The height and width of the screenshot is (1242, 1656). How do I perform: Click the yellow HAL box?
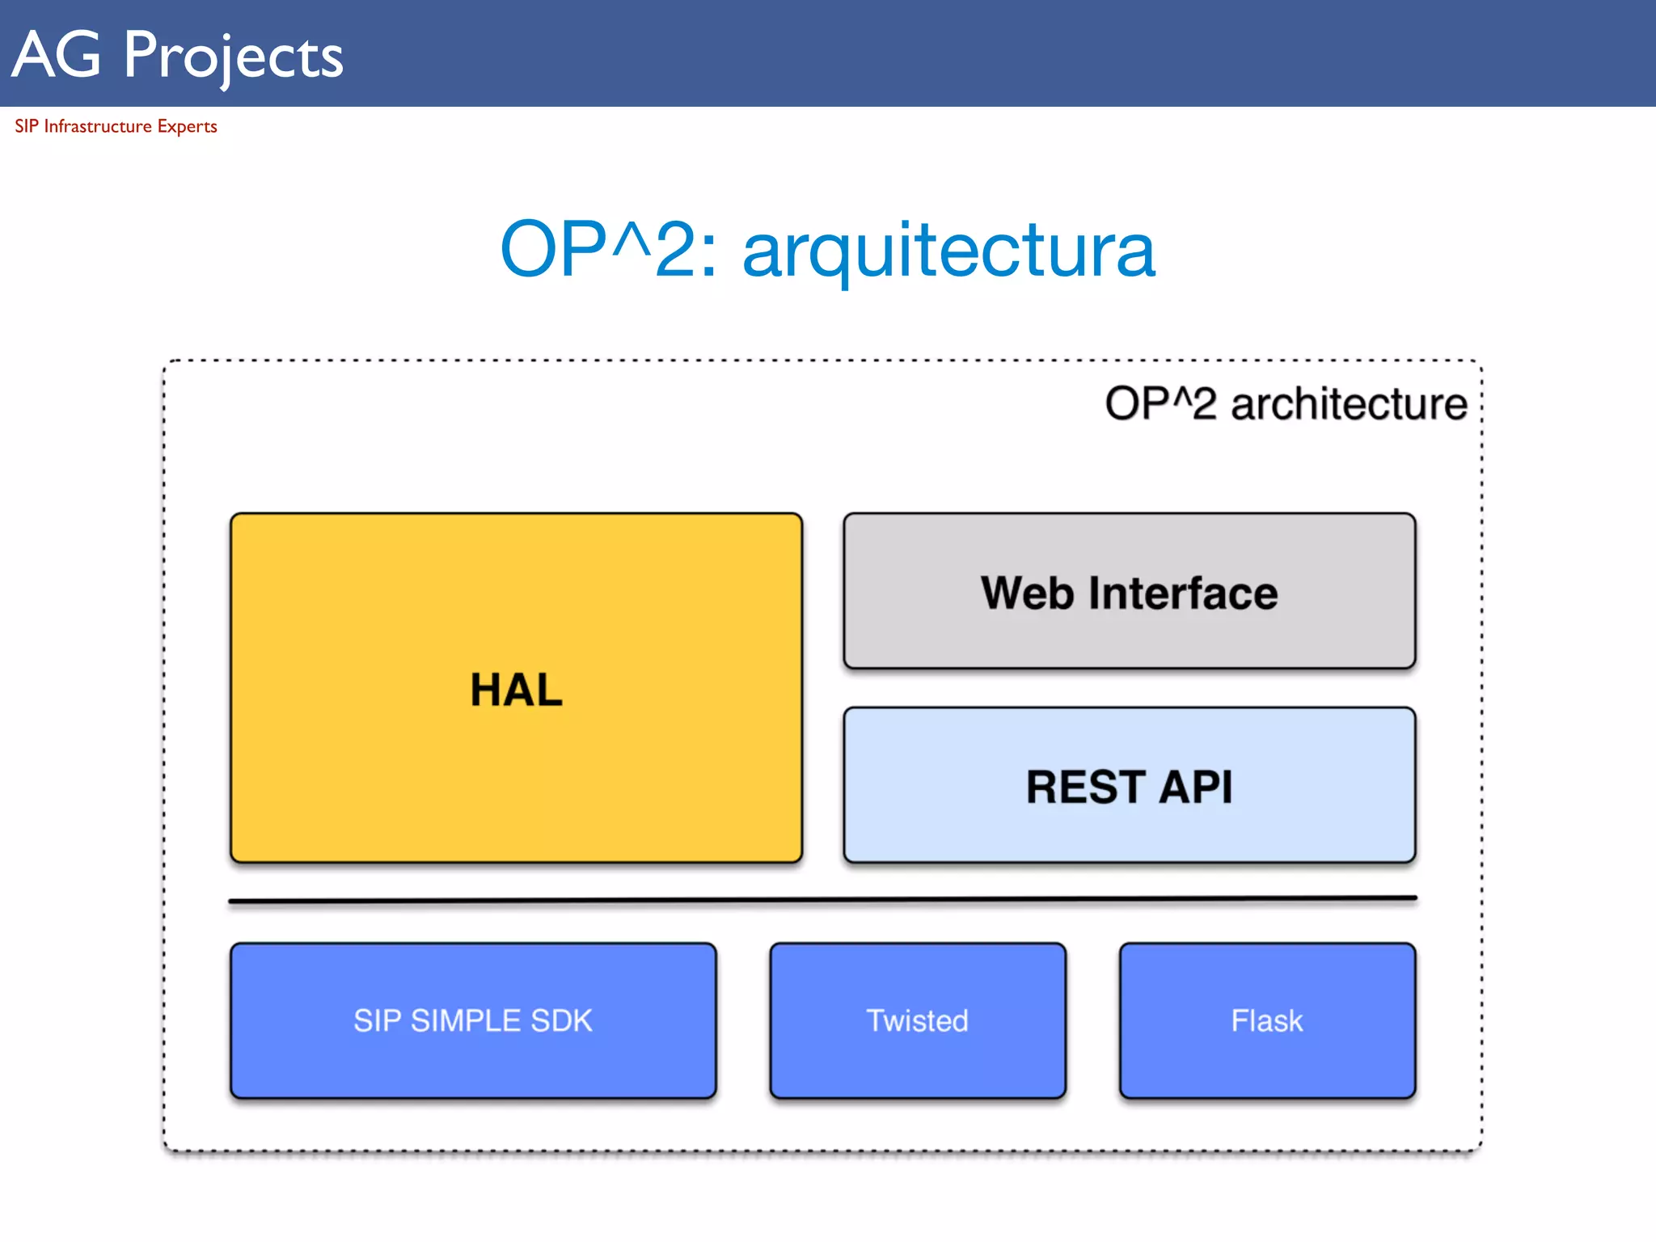tap(516, 687)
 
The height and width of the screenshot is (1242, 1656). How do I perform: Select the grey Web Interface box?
tap(1129, 591)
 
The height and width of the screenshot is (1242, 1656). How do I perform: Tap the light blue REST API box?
tap(1129, 785)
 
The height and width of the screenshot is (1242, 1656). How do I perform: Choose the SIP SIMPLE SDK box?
tap(473, 1020)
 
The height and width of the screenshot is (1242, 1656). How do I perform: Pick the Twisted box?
tap(918, 1020)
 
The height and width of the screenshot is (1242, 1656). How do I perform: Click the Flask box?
tap(1267, 1020)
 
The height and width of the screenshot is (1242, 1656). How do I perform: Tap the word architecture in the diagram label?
tap(1349, 403)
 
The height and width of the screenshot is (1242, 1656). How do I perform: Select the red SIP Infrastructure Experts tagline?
tap(116, 126)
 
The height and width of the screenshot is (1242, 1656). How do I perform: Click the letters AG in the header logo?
tap(57, 55)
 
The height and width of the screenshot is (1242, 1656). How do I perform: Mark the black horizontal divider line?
tap(822, 899)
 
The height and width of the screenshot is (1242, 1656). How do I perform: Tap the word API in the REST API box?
tap(1195, 787)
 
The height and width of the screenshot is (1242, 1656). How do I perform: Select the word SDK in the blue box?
tap(561, 1020)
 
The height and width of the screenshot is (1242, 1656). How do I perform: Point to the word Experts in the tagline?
tap(187, 126)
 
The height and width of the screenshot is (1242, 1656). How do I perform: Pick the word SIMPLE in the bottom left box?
tap(466, 1020)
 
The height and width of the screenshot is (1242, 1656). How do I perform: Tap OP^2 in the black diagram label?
tap(1160, 403)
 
